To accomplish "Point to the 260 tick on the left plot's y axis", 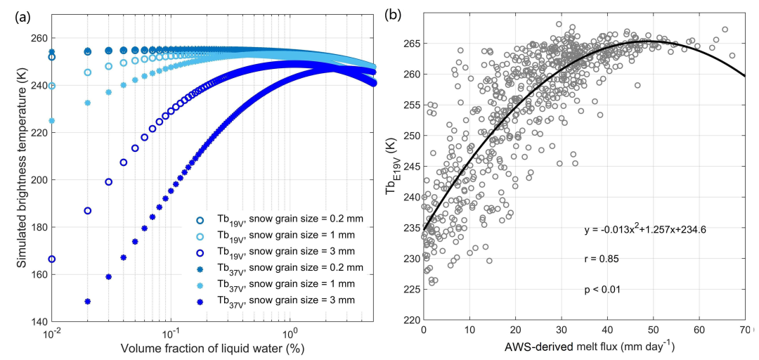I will coord(38,38).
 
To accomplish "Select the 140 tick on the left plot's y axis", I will coord(38,321).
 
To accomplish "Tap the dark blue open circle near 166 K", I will coord(51,259).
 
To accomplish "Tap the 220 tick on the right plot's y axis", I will coord(410,320).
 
